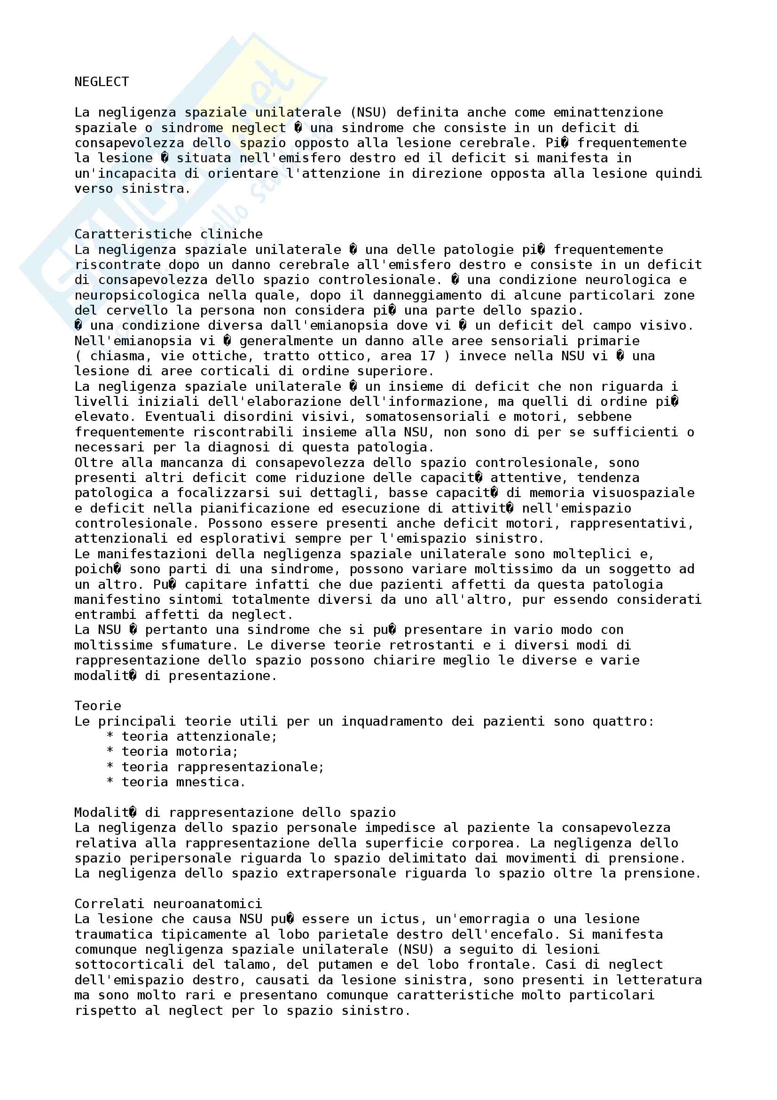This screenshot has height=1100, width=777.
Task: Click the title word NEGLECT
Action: [102, 82]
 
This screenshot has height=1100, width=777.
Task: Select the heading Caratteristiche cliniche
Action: [169, 234]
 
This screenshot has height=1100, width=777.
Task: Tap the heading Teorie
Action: [98, 706]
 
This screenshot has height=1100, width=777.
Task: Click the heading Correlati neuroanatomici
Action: [169, 903]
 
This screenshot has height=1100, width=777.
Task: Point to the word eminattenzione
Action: [608, 112]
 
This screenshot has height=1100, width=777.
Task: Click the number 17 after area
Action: [428, 356]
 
